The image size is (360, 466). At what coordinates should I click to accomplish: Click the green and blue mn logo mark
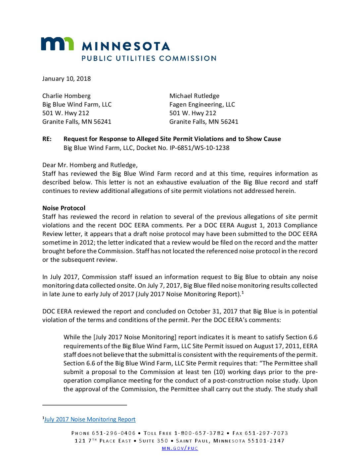(x=57, y=44)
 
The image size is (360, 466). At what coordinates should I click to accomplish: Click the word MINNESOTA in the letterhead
(x=126, y=46)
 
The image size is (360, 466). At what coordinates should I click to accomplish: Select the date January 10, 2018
(x=67, y=79)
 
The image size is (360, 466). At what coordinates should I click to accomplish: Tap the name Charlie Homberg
(x=67, y=96)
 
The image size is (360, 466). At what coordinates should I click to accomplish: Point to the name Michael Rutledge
(x=194, y=96)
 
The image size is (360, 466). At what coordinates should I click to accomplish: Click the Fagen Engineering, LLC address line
(x=202, y=105)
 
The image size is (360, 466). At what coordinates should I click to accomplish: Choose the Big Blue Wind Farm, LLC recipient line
(x=77, y=105)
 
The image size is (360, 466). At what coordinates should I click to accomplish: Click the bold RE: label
(x=47, y=139)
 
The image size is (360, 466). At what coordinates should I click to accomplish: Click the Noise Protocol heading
(x=64, y=208)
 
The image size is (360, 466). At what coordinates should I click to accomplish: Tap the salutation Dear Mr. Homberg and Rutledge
(x=90, y=165)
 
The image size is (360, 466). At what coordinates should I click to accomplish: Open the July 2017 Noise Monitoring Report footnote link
(x=90, y=419)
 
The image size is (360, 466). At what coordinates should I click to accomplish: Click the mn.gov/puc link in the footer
(x=180, y=448)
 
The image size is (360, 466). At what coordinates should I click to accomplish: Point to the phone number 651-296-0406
(x=114, y=433)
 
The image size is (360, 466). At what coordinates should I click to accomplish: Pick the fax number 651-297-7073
(x=266, y=433)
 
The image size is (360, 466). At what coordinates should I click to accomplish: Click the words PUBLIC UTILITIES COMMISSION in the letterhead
(x=149, y=59)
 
